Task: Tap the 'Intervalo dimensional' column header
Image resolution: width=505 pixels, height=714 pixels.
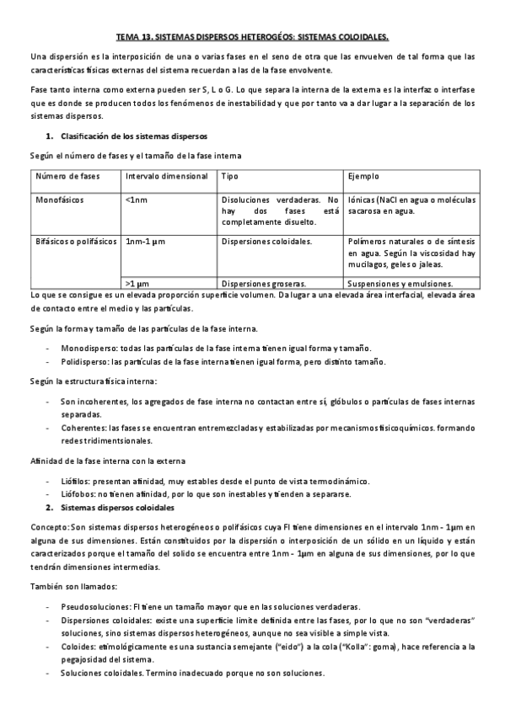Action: click(166, 176)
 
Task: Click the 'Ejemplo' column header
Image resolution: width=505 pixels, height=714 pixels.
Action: click(363, 176)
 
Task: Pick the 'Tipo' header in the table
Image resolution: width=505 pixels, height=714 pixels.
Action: click(229, 176)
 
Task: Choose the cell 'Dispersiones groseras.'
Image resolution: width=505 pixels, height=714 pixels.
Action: click(263, 284)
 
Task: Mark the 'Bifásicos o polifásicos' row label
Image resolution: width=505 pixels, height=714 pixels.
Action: click(74, 241)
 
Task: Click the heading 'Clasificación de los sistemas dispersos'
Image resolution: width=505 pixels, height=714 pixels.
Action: click(134, 136)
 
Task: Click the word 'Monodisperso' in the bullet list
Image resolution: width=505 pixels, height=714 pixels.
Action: click(89, 348)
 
